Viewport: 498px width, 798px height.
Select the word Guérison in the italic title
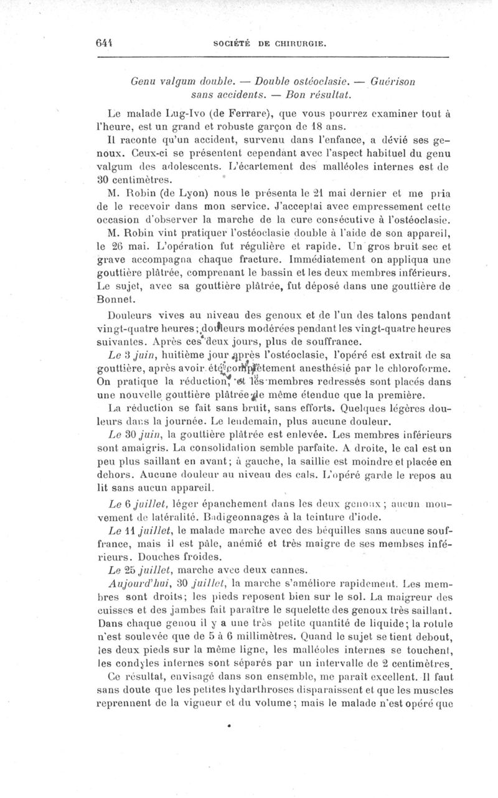393,81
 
